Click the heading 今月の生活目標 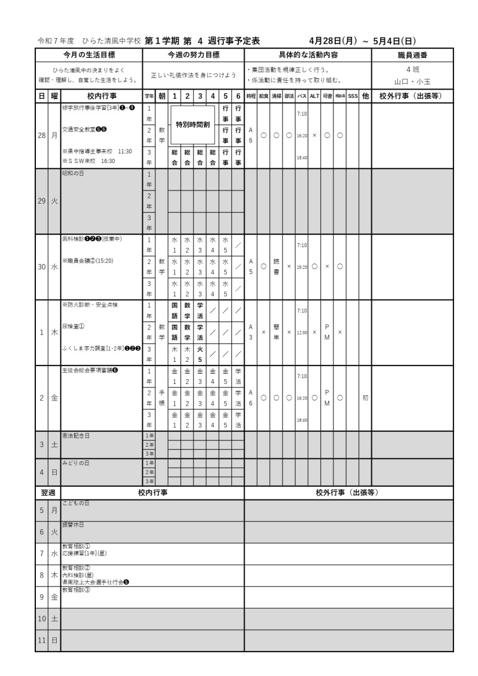(88, 55)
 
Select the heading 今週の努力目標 (194, 55)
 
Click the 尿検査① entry (73, 326)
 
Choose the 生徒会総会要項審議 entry (90, 370)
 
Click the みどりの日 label (75, 463)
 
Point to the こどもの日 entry (75, 503)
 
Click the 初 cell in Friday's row (365, 398)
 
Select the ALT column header (314, 96)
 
